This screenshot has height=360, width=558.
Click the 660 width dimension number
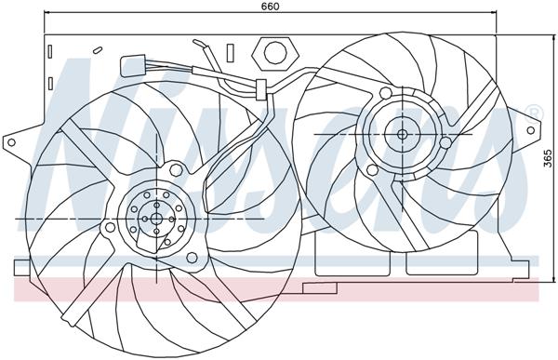pos(271,7)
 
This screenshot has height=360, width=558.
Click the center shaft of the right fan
pos(402,134)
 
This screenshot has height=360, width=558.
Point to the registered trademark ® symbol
pos(533,113)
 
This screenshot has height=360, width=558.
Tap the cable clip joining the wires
pos(259,89)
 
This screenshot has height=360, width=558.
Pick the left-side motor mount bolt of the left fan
pos(110,226)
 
